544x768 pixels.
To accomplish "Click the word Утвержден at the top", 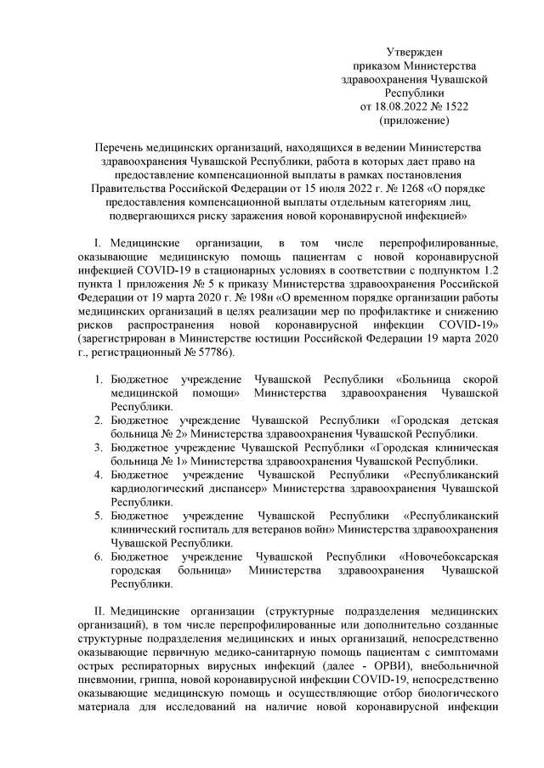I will click(x=414, y=53).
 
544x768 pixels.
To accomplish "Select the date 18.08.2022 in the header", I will click(x=405, y=106).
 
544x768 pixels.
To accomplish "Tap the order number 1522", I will click(x=455, y=106).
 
